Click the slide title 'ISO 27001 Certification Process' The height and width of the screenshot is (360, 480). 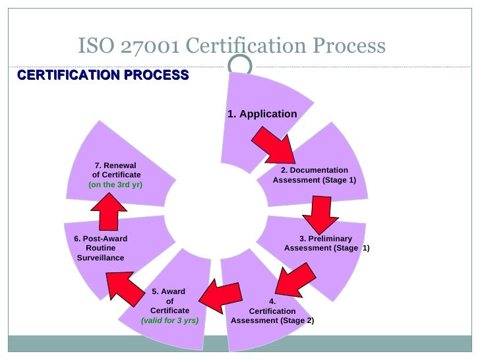(x=231, y=46)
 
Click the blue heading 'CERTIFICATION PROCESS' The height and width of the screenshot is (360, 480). (x=103, y=75)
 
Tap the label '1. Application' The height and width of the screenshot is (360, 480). (x=262, y=114)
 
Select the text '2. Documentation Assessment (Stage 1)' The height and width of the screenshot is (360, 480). (x=315, y=175)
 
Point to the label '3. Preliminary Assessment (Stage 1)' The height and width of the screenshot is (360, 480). (x=326, y=243)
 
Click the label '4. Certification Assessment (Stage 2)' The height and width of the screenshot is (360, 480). (x=272, y=311)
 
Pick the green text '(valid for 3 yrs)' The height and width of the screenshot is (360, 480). (x=169, y=320)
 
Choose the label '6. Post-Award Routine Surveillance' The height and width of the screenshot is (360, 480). (x=101, y=248)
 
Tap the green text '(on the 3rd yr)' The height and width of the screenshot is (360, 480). (x=115, y=185)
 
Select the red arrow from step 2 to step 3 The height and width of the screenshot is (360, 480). (x=316, y=214)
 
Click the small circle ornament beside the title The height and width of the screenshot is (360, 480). (x=242, y=64)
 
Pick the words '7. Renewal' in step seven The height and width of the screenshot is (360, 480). (x=115, y=165)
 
